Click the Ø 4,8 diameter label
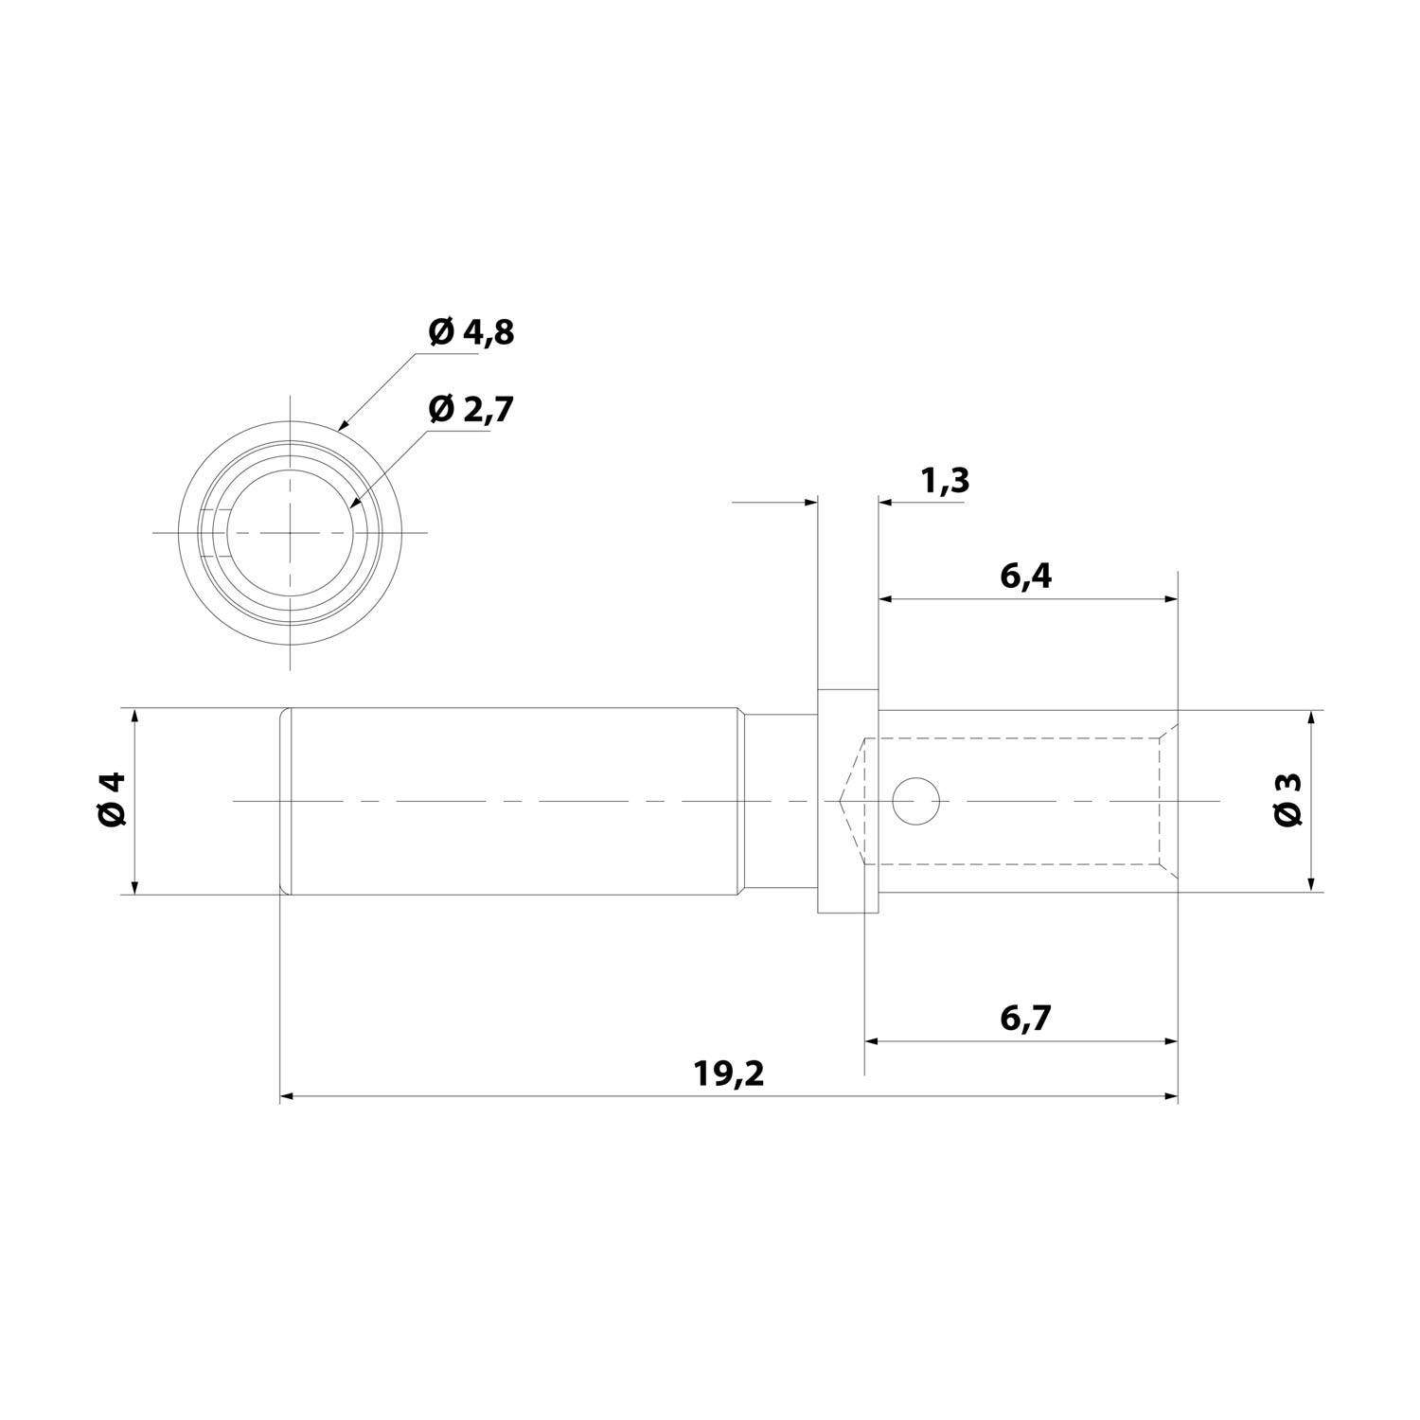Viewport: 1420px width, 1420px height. point(470,332)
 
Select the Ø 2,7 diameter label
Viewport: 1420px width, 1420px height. point(470,409)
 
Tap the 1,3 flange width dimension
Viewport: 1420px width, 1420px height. point(944,481)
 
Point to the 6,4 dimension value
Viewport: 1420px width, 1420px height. point(1025,576)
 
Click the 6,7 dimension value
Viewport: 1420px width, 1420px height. point(1025,1019)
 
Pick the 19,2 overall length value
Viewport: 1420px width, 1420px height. point(728,1074)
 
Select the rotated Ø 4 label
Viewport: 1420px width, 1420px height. point(112,800)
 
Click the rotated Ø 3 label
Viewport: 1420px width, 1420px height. point(1288,800)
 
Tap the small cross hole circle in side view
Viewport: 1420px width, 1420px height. point(916,801)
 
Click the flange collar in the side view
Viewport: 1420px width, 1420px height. point(847,801)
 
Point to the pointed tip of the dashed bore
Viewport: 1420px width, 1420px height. point(841,801)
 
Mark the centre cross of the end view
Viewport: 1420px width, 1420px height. point(291,533)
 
